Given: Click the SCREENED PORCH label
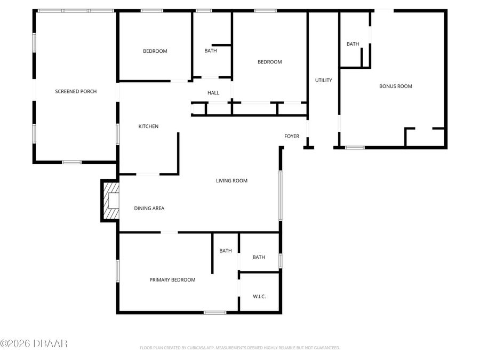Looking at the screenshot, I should click(76, 92).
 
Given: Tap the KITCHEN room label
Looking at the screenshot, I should click(148, 126).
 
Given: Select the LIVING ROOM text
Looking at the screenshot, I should click(231, 181).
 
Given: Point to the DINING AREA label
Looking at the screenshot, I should click(149, 209).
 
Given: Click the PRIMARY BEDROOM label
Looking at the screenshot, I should click(172, 280).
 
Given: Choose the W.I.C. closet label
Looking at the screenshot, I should click(259, 297).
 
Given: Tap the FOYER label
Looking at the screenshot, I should click(291, 137).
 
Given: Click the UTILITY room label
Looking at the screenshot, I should click(323, 81).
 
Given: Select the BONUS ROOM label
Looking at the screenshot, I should click(395, 86).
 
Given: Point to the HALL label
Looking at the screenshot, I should click(213, 93).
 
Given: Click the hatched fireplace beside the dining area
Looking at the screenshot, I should click(110, 201).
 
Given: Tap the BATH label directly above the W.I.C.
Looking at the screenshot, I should click(259, 258).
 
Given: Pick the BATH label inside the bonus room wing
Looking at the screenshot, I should click(353, 44).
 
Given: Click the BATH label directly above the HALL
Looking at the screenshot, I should click(211, 51).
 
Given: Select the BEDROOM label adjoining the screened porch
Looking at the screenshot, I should click(155, 51).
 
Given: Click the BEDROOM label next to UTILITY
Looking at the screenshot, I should click(269, 62).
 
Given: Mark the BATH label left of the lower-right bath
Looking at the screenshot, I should click(226, 251).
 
